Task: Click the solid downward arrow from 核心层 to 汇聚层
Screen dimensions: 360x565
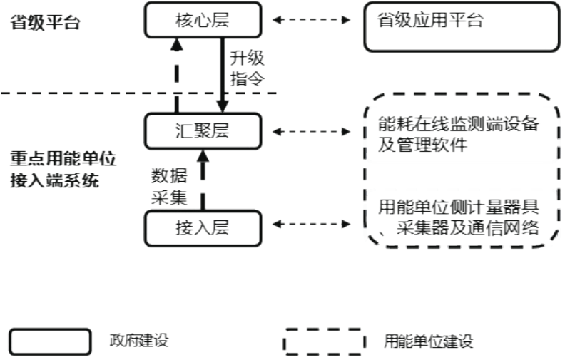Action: tap(223, 75)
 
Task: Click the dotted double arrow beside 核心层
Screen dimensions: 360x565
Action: tap(312, 20)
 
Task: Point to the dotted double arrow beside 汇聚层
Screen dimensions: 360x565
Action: tap(312, 131)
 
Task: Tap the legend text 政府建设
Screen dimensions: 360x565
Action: tap(138, 341)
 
